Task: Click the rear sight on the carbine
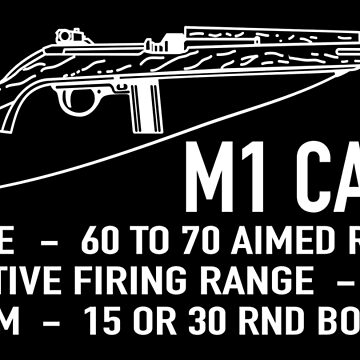[65, 35]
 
